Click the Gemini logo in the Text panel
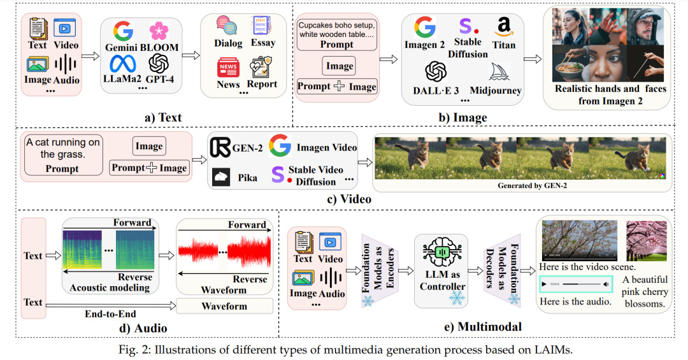[122, 31]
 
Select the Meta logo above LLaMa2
[122, 63]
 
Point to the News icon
[227, 67]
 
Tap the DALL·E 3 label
[436, 90]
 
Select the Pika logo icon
[221, 177]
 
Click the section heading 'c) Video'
[348, 199]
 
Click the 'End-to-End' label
[108, 314]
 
